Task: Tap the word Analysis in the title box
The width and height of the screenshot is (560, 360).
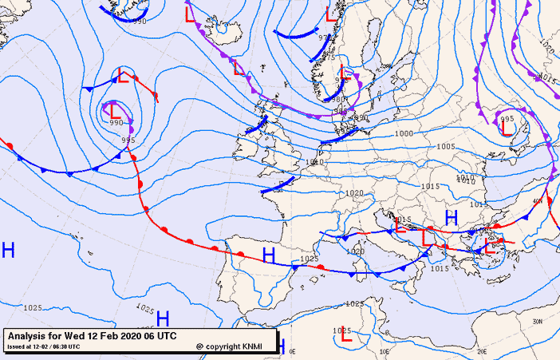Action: (x=29, y=336)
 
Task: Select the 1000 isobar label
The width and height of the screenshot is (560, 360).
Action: (x=404, y=134)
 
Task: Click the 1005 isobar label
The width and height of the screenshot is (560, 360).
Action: (x=445, y=147)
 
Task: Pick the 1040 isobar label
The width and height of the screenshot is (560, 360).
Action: (x=315, y=162)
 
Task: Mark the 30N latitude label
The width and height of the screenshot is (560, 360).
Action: (x=538, y=320)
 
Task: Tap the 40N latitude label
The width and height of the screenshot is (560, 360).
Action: (x=537, y=202)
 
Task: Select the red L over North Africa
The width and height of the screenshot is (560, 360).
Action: (x=345, y=338)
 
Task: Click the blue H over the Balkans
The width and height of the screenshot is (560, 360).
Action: (x=451, y=217)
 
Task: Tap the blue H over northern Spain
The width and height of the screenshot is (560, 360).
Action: (x=269, y=255)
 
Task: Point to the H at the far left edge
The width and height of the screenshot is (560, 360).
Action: (x=9, y=250)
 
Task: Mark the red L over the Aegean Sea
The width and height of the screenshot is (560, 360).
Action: (x=491, y=247)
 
